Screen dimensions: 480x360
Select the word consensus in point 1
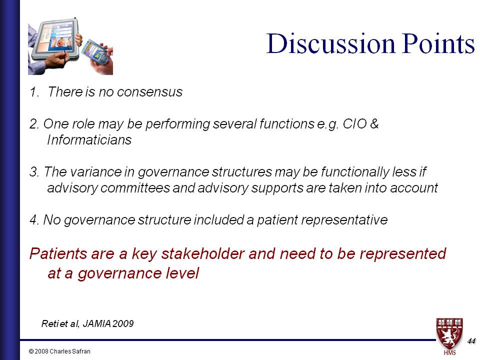[x=149, y=92]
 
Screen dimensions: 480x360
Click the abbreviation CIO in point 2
[x=354, y=123]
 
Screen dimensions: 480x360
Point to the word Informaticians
[x=89, y=140]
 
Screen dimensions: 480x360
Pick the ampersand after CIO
[x=374, y=123]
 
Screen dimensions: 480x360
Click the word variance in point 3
[x=95, y=171]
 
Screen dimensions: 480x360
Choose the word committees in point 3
[x=135, y=188]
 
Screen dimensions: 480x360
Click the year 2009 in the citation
[x=123, y=323]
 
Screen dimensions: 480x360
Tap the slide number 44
[x=471, y=341]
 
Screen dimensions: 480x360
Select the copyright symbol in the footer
[x=31, y=351]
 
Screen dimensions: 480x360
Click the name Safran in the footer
[x=81, y=351]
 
